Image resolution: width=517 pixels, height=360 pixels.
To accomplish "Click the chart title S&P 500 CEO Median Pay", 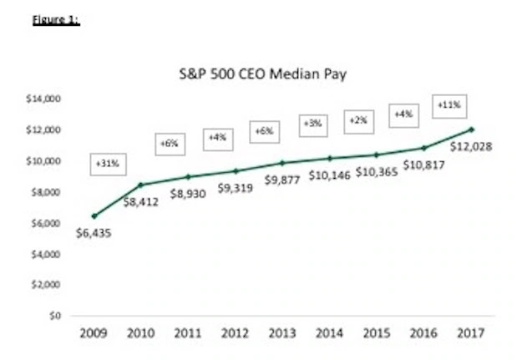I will tap(263, 75).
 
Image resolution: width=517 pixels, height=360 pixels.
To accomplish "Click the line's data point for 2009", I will tap(94, 215).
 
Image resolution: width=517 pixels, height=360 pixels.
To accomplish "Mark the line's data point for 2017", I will tap(473, 129).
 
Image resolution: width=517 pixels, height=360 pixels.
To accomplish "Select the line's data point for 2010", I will tap(141, 185).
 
